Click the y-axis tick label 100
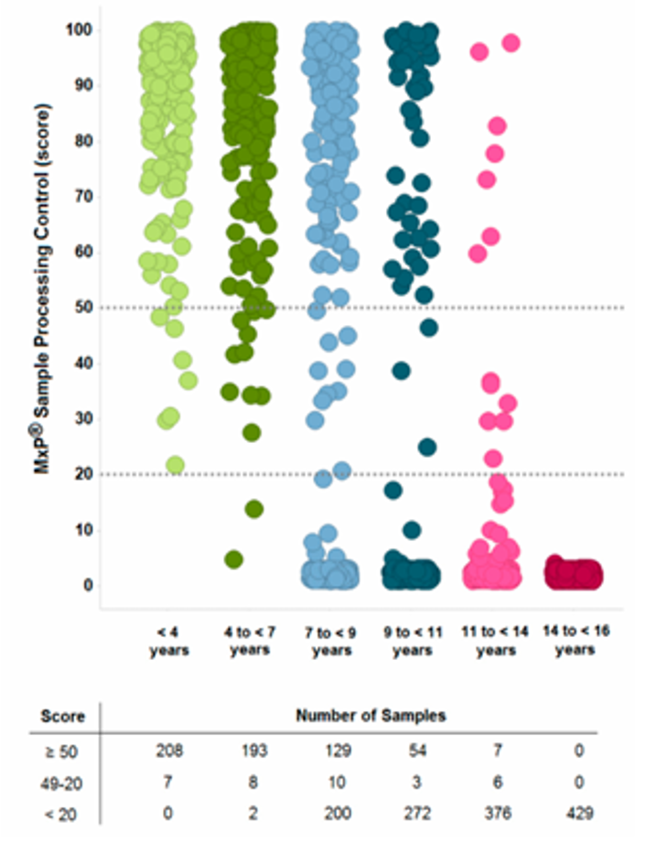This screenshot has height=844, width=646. (x=79, y=29)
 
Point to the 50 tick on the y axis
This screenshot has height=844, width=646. (x=84, y=308)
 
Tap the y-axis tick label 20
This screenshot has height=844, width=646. (x=84, y=474)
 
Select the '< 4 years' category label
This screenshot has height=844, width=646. (x=169, y=641)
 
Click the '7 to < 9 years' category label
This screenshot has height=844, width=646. (x=331, y=641)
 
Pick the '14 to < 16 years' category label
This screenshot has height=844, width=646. (x=576, y=640)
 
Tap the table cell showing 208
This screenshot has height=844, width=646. (x=169, y=751)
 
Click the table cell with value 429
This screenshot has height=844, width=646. (x=579, y=813)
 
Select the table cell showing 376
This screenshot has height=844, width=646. (x=498, y=813)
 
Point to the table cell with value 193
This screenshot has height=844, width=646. (x=253, y=751)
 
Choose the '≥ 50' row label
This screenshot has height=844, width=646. (x=60, y=752)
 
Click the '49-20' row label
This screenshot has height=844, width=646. (x=61, y=784)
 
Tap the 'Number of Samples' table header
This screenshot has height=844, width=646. (x=371, y=716)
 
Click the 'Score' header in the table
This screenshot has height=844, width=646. (x=62, y=717)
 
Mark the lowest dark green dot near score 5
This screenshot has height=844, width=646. (x=234, y=560)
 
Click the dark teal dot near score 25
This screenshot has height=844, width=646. (x=427, y=448)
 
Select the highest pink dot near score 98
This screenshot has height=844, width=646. (x=511, y=42)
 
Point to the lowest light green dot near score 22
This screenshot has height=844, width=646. (x=176, y=465)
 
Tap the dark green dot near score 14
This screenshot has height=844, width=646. (x=253, y=509)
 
